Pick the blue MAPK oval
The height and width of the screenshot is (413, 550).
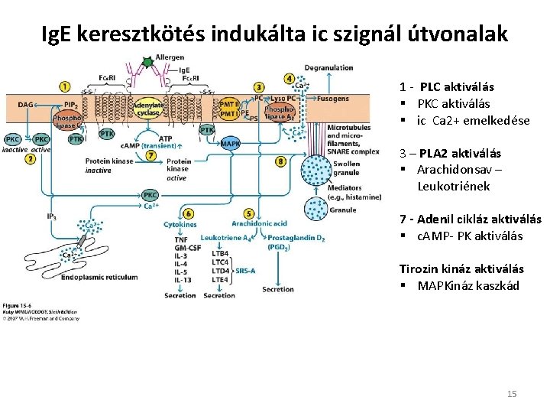229,142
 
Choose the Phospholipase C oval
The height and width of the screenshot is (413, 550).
66,122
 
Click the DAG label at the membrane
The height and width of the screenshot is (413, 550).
26,104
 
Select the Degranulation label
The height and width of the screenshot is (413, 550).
328,68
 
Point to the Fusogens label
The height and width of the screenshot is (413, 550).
332,98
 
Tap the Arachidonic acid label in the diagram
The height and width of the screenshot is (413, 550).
259,224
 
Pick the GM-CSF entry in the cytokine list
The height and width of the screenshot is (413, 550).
188,249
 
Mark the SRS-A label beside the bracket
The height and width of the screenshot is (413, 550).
246,270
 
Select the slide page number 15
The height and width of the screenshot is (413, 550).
512,394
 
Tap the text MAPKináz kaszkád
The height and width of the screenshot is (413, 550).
467,285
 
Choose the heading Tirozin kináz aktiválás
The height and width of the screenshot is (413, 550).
461,268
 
